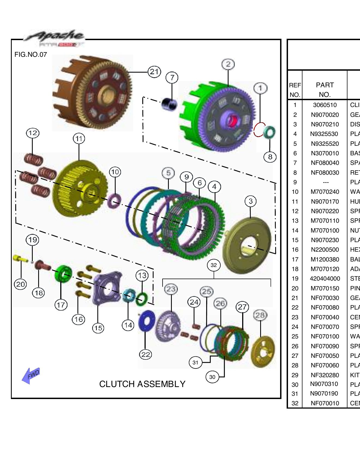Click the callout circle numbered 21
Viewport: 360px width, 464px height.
pos(154,72)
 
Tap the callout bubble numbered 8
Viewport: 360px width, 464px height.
pos(270,157)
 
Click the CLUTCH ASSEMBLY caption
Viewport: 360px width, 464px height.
pos(142,384)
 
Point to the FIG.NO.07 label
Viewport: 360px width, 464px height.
pos(31,54)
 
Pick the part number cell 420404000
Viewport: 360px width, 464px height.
pos(325,278)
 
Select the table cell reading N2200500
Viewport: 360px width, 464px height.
pos(325,249)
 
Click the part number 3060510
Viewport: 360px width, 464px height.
pos(325,105)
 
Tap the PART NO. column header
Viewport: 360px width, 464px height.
pos(325,90)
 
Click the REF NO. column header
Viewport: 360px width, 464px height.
pos(295,90)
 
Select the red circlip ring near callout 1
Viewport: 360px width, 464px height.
pos(258,130)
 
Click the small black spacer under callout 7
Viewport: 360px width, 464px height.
pos(169,105)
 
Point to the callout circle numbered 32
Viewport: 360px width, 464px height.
pos(214,265)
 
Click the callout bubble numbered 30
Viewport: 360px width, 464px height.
pos(212,377)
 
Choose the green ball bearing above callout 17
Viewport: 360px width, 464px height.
pos(63,274)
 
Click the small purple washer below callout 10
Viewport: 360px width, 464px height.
pos(114,201)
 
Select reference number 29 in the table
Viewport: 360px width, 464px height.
pos(295,375)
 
